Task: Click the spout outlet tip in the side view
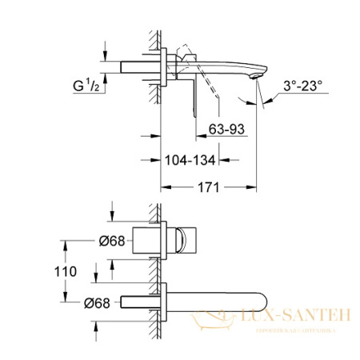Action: (x=255, y=78)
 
